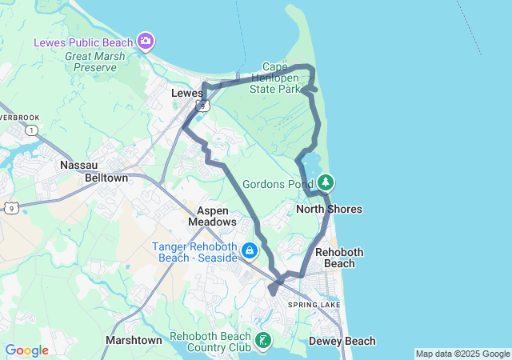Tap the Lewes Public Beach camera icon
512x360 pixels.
(146, 40)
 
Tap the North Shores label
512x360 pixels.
(329, 210)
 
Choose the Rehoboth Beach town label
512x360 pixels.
(339, 258)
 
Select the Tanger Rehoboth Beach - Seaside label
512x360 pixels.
(195, 252)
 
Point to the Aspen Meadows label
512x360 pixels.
(212, 215)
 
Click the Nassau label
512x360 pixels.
(78, 165)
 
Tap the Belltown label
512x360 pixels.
(106, 178)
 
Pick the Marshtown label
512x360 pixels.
(134, 341)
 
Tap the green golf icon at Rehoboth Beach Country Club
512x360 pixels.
(262, 342)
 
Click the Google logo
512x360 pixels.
(26, 350)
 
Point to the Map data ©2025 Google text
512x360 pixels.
(462, 354)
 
